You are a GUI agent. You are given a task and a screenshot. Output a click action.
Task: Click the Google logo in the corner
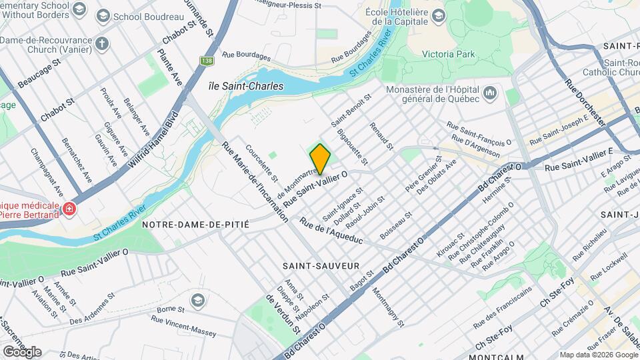22,351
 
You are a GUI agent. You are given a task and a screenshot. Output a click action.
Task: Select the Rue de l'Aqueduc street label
331,230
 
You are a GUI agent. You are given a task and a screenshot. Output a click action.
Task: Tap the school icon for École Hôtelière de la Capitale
438,14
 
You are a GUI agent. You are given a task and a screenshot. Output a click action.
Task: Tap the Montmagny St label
387,307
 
